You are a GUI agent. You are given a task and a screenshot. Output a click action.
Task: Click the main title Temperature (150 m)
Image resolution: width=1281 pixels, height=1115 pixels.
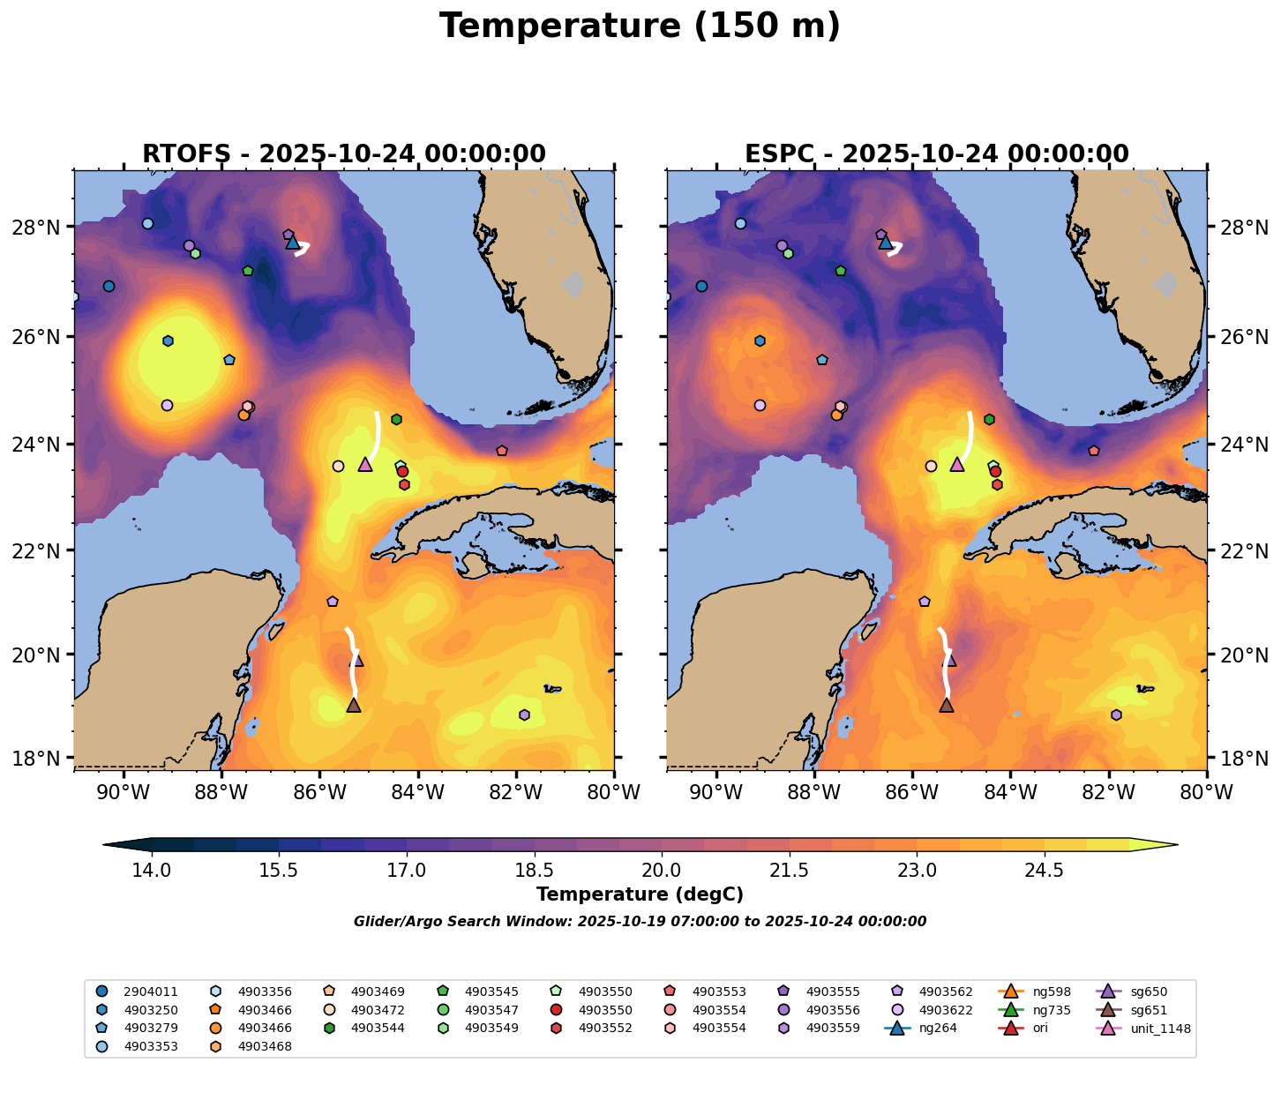pyautogui.click(x=640, y=26)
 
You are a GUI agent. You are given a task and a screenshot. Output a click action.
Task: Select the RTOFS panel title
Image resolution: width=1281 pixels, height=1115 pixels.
pyautogui.click(x=344, y=154)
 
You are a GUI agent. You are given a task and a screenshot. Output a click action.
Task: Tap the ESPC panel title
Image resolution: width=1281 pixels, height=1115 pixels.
pyautogui.click(x=937, y=154)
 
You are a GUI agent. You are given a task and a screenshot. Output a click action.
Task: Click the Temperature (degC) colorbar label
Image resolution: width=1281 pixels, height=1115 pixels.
pyautogui.click(x=640, y=894)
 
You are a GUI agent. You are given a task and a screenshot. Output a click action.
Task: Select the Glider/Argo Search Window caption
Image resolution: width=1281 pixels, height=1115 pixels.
pyautogui.click(x=640, y=922)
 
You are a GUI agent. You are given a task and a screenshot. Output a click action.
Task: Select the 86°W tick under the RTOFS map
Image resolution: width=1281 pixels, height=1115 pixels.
pyautogui.click(x=319, y=793)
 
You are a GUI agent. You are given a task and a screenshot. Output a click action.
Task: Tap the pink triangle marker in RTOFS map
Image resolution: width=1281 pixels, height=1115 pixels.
pyautogui.click(x=365, y=464)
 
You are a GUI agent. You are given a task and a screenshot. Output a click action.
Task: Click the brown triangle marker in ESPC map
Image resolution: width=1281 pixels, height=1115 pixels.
pyautogui.click(x=947, y=705)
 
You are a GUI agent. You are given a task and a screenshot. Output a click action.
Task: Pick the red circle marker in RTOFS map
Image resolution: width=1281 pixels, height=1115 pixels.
pyautogui.click(x=403, y=471)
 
